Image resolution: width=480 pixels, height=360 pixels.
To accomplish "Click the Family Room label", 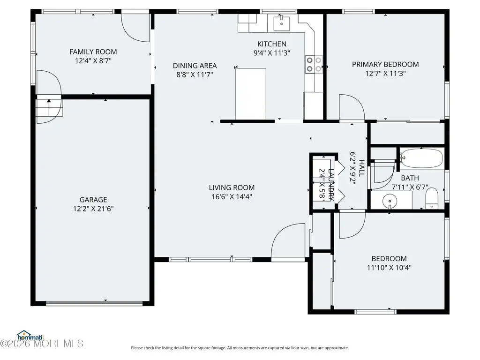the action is pyautogui.click(x=93, y=52).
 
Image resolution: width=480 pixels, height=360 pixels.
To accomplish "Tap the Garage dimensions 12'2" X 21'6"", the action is pyautogui.click(x=93, y=209).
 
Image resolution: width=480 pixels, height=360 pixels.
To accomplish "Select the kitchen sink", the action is pyautogui.click(x=281, y=23).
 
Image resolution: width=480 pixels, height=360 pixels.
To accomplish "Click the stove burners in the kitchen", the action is pyautogui.click(x=314, y=65).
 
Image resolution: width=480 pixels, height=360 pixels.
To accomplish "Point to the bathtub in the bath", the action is pyautogui.click(x=421, y=158).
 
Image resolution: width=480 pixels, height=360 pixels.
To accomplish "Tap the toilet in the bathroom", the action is pyautogui.click(x=432, y=199).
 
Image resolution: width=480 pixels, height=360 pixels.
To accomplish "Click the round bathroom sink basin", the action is pyautogui.click(x=390, y=201).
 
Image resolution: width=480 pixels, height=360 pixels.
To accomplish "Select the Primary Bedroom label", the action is pyautogui.click(x=385, y=65).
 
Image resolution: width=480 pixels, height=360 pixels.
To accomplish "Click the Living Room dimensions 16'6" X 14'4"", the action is pyautogui.click(x=232, y=196).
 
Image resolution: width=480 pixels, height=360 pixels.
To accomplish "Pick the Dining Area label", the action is pyautogui.click(x=195, y=66).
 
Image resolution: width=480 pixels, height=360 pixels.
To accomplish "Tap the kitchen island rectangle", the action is pyautogui.click(x=251, y=94).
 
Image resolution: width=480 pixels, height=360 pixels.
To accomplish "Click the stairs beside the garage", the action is pyautogui.click(x=50, y=107).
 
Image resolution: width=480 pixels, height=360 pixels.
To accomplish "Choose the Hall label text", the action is pyautogui.click(x=361, y=168).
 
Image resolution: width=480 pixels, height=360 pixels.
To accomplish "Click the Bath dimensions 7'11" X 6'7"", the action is pyautogui.click(x=410, y=187).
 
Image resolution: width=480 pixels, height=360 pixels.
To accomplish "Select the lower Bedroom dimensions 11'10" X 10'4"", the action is pyautogui.click(x=389, y=268).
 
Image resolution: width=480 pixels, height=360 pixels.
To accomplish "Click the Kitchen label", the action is pyautogui.click(x=272, y=44).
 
